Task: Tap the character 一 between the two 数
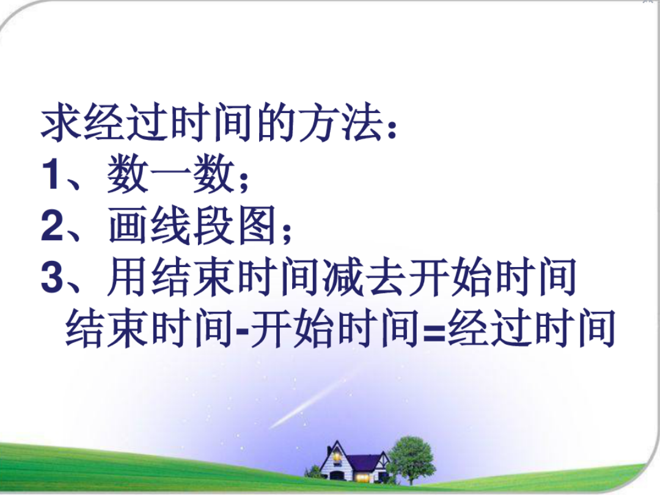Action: pyautogui.click(x=170, y=175)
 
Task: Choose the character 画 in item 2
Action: pyautogui.click(x=128, y=225)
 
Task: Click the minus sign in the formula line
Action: pyautogui.click(x=243, y=331)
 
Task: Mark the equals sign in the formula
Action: pyautogui.click(x=433, y=331)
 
